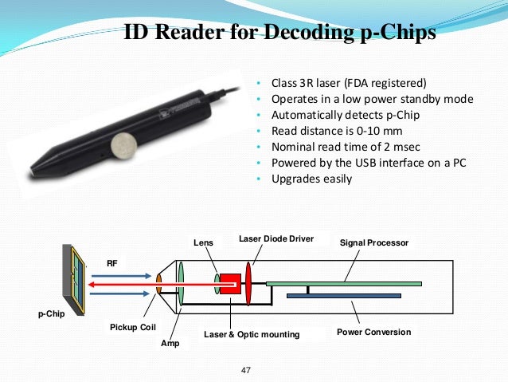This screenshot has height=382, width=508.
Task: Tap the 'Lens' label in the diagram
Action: [203, 242]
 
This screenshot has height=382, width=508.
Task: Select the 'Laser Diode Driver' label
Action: [276, 238]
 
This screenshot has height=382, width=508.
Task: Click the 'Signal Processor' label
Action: [374, 242]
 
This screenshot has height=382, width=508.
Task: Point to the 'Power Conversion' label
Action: [374, 332]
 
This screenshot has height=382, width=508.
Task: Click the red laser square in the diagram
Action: [230, 283]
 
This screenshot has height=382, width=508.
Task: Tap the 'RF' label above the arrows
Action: [112, 262]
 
